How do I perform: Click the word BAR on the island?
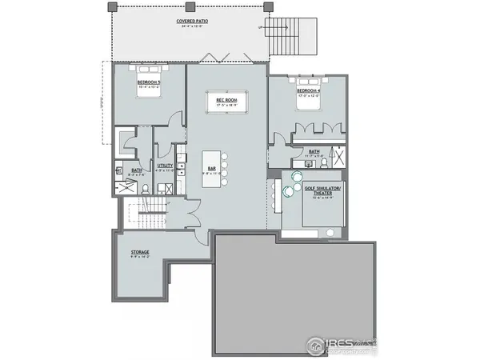(x=212, y=169)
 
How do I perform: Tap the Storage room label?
(x=139, y=253)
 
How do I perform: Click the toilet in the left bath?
(x=146, y=188)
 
